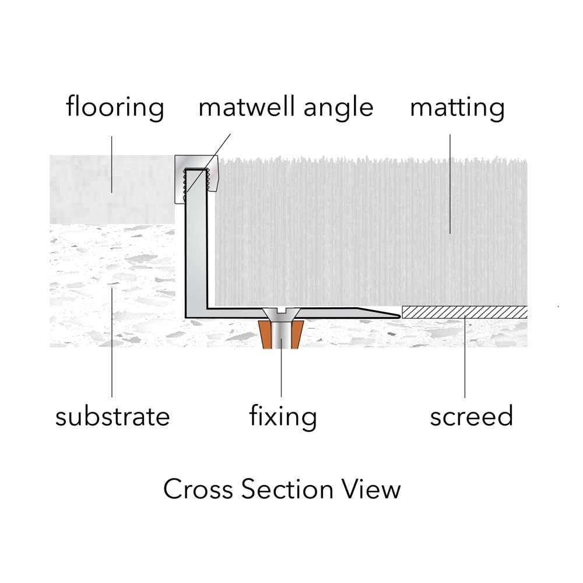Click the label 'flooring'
115,108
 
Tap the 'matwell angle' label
286,108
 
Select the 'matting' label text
457,108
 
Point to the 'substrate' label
113,417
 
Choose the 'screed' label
472,417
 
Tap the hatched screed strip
465,312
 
